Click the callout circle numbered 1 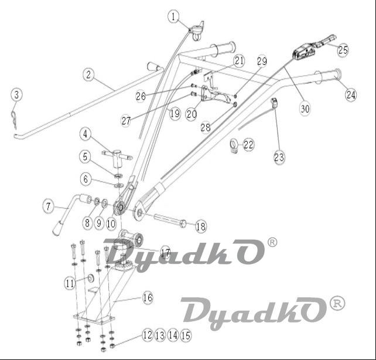(174, 17)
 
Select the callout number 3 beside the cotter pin (16, 95)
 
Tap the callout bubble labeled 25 (343, 50)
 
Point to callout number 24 (351, 94)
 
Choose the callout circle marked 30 (305, 109)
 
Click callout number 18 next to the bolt (201, 226)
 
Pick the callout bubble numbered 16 (147, 298)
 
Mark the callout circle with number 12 (148, 335)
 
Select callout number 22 (248, 145)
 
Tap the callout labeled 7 (49, 206)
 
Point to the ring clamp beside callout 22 (233, 145)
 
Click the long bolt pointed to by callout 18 (170, 221)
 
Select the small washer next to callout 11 (91, 278)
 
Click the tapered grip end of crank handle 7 (57, 228)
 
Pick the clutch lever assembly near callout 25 (312, 48)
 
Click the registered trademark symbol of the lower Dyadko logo (337, 303)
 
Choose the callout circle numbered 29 (262, 62)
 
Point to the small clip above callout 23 (274, 102)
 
